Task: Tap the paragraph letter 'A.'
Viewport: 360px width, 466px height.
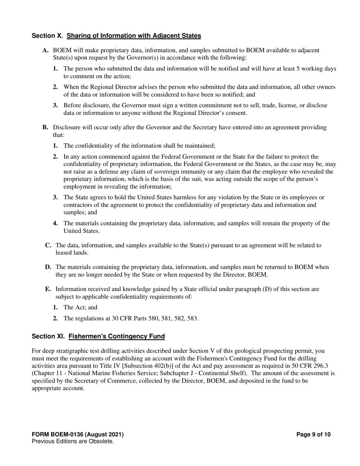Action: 45,50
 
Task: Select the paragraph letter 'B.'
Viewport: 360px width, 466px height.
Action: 45,128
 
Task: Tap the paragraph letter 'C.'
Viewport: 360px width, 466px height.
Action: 48,246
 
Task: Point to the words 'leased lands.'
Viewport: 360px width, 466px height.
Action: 72,253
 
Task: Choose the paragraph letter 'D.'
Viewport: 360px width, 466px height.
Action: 48,267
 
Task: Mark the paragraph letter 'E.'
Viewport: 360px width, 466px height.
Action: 48,289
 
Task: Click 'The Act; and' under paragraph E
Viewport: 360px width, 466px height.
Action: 80,308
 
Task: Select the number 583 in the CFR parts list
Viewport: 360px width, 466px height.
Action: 192,319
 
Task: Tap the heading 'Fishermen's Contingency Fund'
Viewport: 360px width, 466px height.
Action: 117,336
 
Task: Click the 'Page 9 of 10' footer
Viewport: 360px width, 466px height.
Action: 313,435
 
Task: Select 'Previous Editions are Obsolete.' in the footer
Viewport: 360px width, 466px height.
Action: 73,441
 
